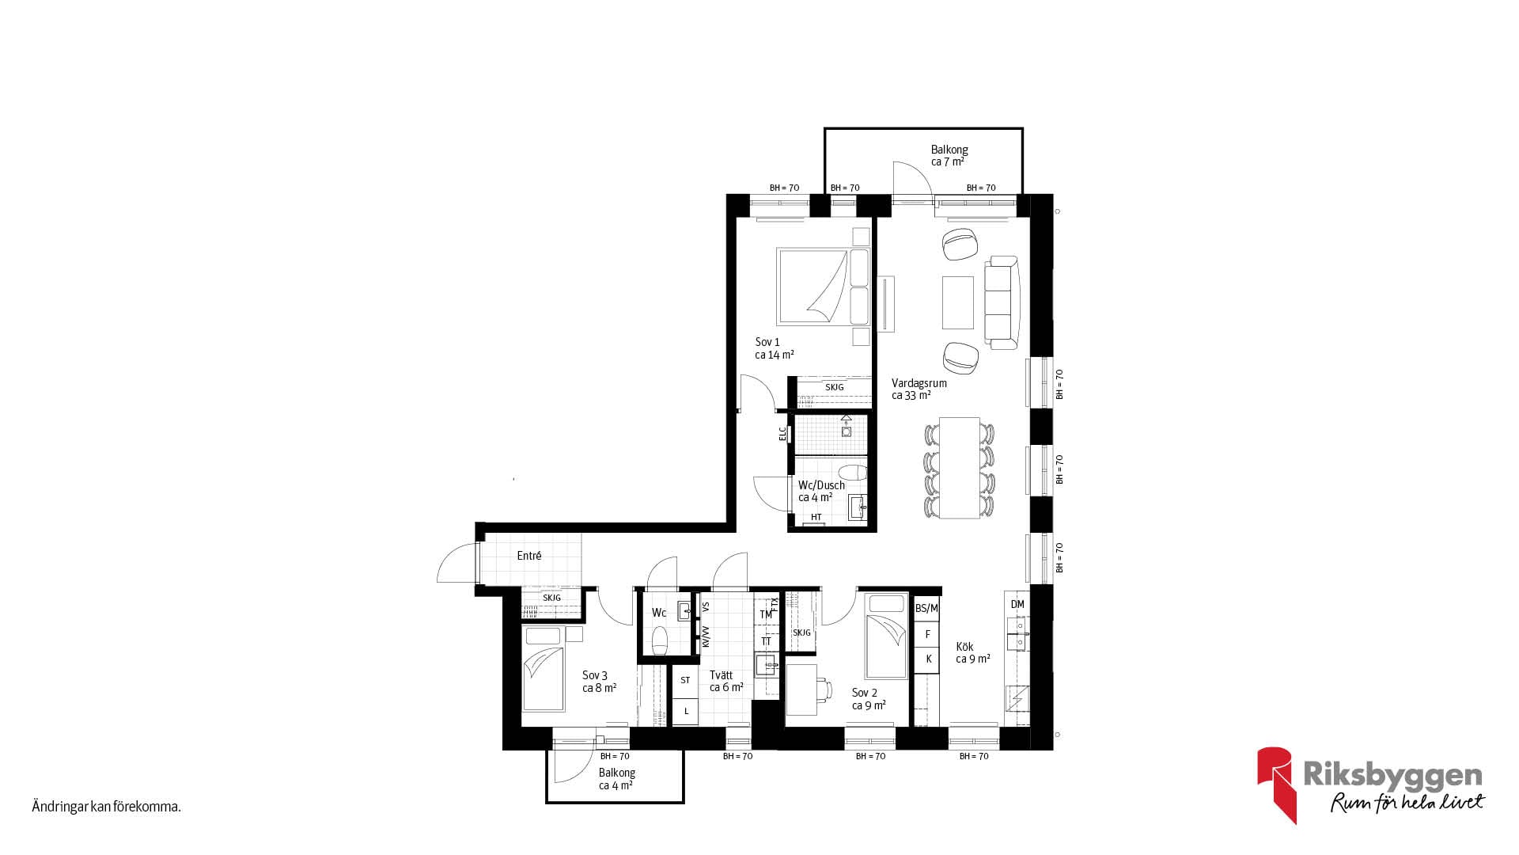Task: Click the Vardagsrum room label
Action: [919, 383]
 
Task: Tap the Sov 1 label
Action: [767, 342]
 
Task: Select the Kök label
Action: [964, 647]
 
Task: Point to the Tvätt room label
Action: [722, 675]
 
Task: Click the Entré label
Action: [529, 556]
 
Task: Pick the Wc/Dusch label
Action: [821, 485]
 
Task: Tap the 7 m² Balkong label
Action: [949, 150]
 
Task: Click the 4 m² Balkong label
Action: [617, 773]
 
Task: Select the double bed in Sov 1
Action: [824, 287]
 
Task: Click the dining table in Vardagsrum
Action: [959, 468]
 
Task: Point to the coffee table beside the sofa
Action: [957, 302]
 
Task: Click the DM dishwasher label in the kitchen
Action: [1017, 604]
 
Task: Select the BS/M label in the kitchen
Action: [926, 608]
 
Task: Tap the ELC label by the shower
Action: [782, 434]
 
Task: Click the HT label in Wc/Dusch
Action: [816, 517]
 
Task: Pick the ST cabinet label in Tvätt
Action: [685, 680]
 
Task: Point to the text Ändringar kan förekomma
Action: [107, 807]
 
